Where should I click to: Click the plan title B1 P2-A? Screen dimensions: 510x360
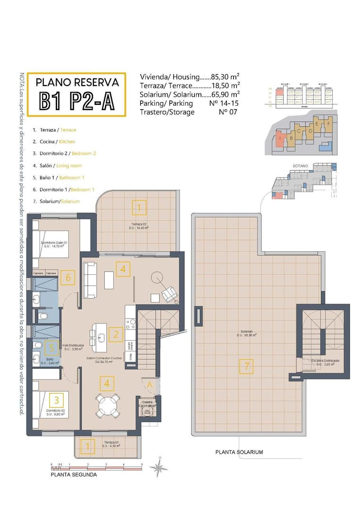click(76, 101)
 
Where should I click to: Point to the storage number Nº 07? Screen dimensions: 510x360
click(227, 112)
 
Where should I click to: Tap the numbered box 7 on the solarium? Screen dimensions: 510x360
click(246, 365)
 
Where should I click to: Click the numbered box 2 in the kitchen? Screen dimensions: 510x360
click(116, 335)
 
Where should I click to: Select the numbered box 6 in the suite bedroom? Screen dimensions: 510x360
click(68, 277)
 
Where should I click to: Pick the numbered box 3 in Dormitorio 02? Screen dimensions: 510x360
click(57, 400)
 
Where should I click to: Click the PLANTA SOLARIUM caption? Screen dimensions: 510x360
click(239, 452)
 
